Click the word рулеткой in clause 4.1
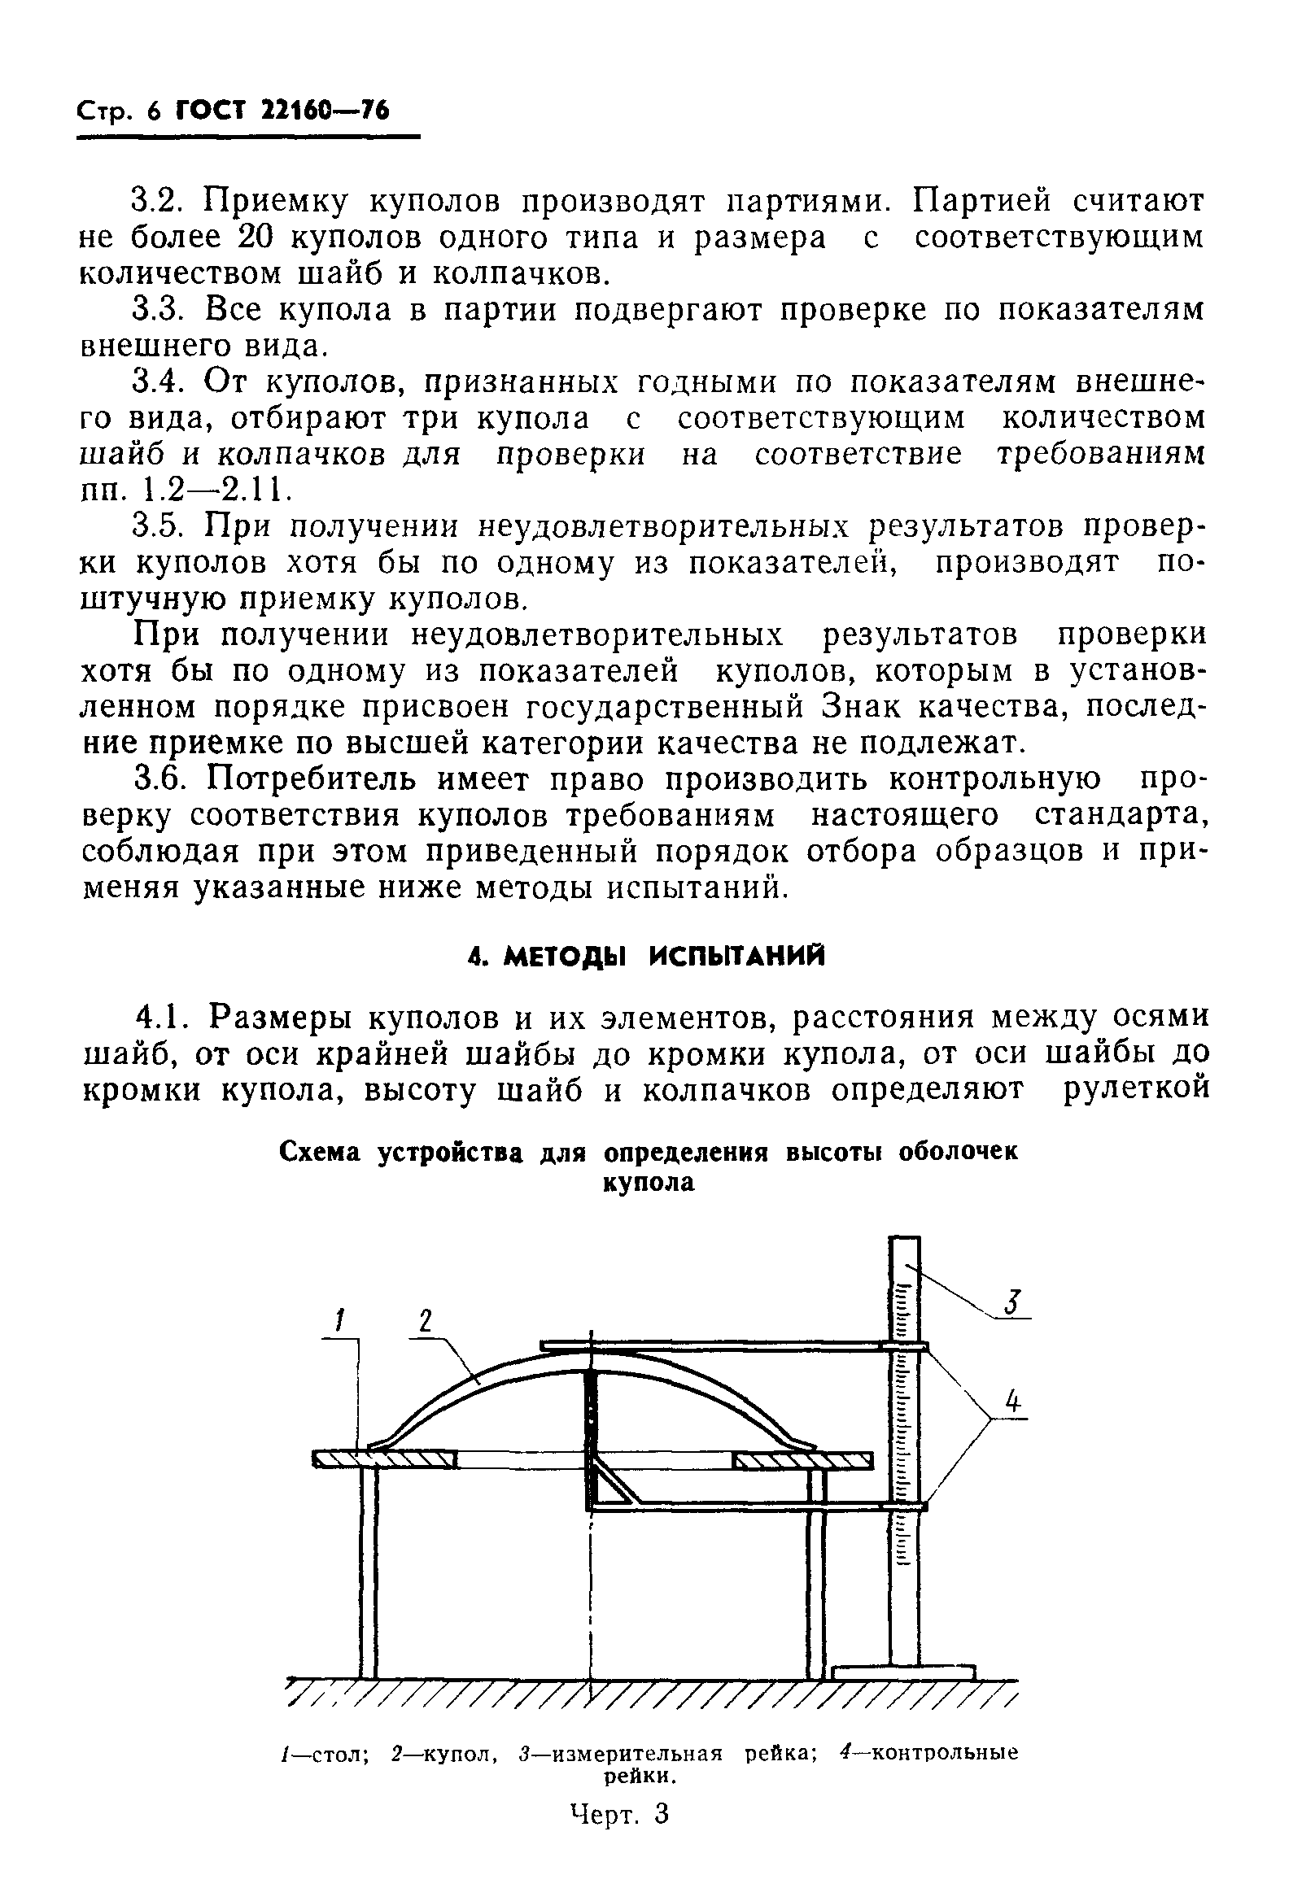point(1135,1090)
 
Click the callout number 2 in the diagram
point(424,1320)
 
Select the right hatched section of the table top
point(802,1461)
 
